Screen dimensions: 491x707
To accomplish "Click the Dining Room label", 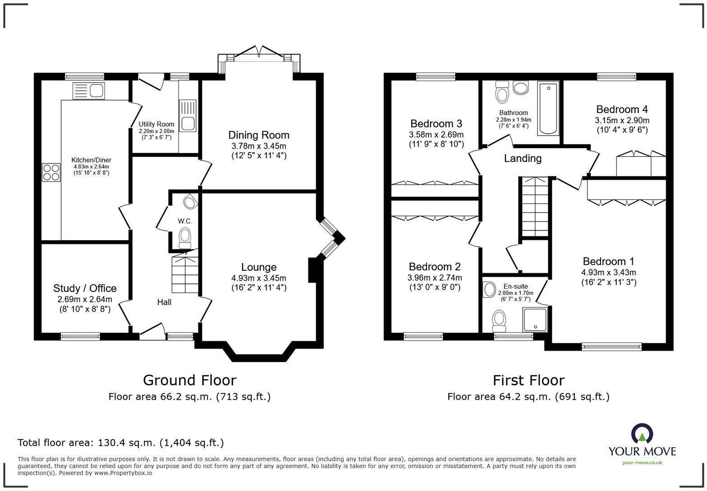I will coord(258,135).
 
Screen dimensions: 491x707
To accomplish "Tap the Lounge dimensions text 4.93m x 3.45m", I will coord(258,278).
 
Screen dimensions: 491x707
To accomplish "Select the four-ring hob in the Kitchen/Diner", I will coord(51,172).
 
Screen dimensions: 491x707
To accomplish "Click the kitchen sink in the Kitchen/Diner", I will coord(88,91).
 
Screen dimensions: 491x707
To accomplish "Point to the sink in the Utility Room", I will coord(188,116).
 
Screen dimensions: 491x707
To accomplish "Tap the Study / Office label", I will coord(85,288).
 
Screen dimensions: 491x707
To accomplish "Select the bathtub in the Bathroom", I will coord(548,108).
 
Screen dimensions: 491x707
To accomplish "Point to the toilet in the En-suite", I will coord(499,320).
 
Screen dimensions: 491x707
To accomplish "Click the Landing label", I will coord(523,158).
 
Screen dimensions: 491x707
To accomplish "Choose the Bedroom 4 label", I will coord(622,109).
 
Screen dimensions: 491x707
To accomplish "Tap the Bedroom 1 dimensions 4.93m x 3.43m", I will coord(608,273).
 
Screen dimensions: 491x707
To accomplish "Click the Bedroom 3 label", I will coord(436,124).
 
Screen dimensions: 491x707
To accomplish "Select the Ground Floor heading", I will coord(189,380).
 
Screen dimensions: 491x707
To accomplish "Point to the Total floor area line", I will coord(120,443).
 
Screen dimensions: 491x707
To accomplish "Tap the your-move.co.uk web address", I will coord(642,462).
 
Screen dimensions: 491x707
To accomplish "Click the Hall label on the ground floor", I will coord(164,302).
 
